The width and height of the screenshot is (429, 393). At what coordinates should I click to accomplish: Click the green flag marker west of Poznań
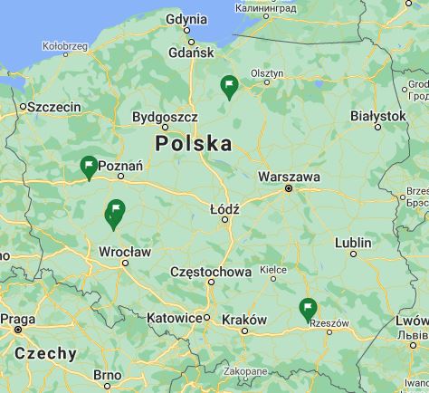click(x=89, y=167)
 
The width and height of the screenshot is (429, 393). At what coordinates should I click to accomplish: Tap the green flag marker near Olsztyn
click(x=230, y=86)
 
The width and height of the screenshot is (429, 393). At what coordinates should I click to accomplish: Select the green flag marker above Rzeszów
click(x=308, y=309)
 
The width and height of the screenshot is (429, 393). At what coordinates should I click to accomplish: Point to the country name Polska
click(x=193, y=144)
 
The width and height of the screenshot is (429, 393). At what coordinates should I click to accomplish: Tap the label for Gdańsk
click(x=190, y=53)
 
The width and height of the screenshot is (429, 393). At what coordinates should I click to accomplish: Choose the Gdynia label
click(x=187, y=19)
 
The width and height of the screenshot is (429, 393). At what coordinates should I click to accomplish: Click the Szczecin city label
click(x=54, y=107)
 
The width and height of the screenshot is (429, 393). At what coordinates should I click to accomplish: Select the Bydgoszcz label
click(x=165, y=117)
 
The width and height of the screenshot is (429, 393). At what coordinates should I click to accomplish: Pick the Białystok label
click(x=378, y=116)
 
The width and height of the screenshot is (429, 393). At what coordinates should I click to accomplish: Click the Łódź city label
click(x=224, y=208)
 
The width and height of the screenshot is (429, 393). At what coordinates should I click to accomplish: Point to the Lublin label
click(x=353, y=243)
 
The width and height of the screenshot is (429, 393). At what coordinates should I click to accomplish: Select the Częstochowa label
click(x=211, y=272)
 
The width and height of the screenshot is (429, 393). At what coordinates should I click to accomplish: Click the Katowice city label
click(x=174, y=319)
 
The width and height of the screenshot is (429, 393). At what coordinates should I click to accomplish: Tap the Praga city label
click(x=17, y=319)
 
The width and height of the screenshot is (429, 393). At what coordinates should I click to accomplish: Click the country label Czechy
click(x=45, y=353)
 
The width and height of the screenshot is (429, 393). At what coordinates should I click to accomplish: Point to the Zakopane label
click(x=246, y=371)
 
